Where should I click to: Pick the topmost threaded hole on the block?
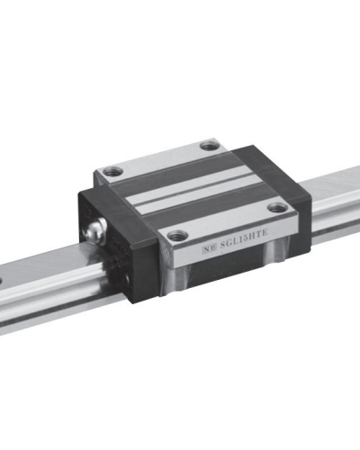coord(209,145)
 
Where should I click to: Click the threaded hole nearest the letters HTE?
coord(277,208)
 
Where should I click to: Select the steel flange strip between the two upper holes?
coord(157,157)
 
